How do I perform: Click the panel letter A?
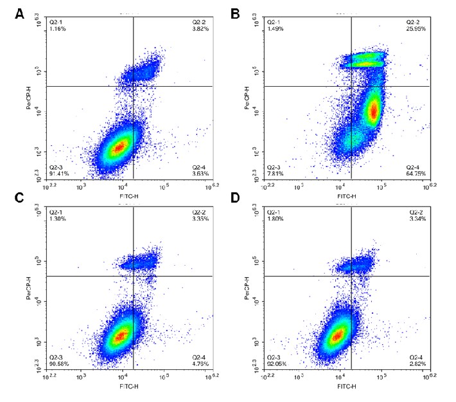click(x=20, y=14)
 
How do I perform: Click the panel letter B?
click(x=235, y=14)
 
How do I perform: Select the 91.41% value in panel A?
click(x=60, y=173)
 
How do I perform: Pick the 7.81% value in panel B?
click(x=276, y=173)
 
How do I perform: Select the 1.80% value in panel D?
click(x=276, y=220)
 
